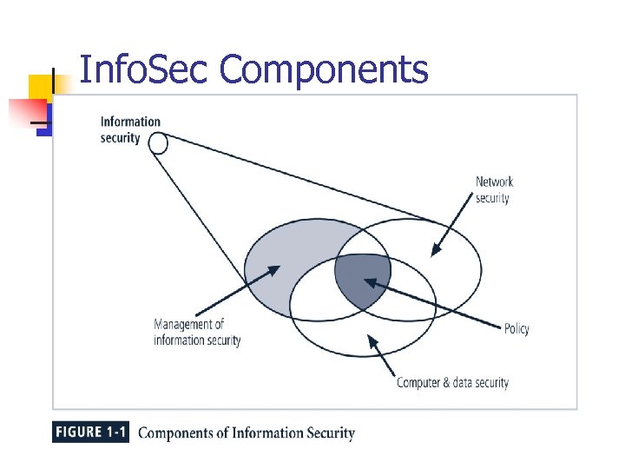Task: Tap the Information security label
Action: tap(130, 129)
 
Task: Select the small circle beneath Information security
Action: tap(158, 142)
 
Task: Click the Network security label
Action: tap(494, 189)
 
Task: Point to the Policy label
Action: tap(516, 328)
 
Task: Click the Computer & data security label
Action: tap(452, 382)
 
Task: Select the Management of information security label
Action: tap(197, 332)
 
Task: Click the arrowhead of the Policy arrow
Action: tap(368, 281)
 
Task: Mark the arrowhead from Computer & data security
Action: tap(372, 339)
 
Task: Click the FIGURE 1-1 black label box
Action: tap(90, 433)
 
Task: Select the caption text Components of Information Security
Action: tap(247, 433)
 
